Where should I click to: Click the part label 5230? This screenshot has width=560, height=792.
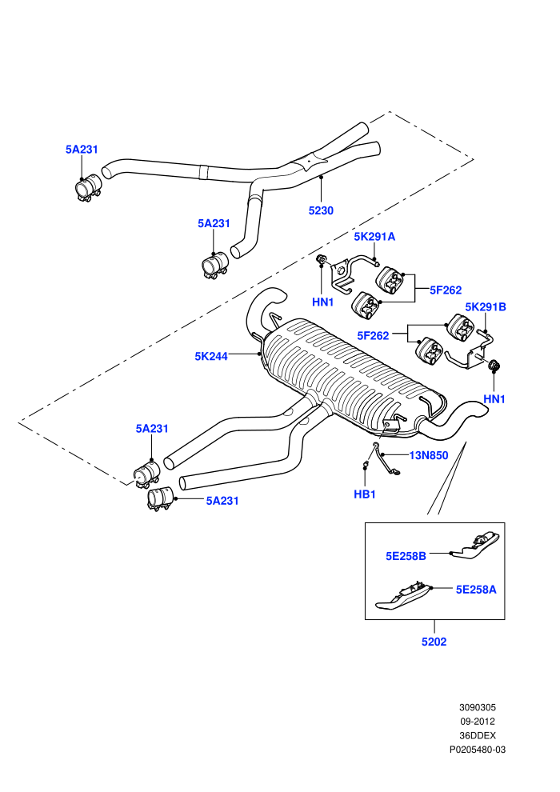(321, 210)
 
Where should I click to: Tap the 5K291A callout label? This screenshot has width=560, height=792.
(374, 236)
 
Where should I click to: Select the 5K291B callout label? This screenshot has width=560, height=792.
(486, 306)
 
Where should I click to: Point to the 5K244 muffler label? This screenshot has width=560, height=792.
(211, 356)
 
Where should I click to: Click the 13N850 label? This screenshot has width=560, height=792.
(429, 456)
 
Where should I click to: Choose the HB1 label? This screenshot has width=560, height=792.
(365, 494)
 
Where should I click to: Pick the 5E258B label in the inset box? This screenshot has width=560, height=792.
(406, 556)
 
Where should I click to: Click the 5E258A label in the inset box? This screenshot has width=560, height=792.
(476, 590)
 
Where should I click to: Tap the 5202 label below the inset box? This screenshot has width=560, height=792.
(434, 642)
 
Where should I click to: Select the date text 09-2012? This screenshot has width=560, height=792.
(477, 722)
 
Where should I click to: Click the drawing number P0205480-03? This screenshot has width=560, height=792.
(478, 750)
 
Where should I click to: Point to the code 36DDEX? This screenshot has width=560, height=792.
(478, 735)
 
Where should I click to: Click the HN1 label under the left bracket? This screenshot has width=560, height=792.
(322, 302)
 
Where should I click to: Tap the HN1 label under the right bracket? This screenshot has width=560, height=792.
(494, 399)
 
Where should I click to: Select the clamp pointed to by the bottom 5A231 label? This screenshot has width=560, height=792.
(160, 498)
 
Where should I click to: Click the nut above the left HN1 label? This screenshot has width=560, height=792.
(321, 260)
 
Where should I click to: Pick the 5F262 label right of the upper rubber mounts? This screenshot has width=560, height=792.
(446, 290)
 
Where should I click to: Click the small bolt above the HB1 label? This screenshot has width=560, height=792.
(365, 464)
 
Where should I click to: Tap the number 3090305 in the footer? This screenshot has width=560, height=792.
(478, 707)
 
